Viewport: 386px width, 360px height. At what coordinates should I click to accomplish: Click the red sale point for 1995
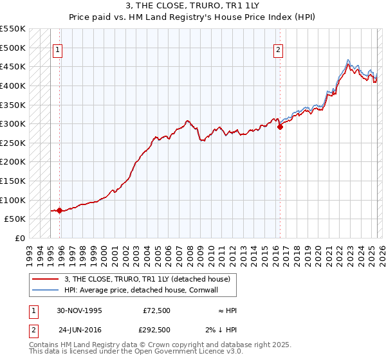tap(59, 210)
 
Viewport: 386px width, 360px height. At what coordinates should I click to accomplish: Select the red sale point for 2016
tap(280, 127)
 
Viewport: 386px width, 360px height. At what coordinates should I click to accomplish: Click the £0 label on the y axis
tap(19, 238)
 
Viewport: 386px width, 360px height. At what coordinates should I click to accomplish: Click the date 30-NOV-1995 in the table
tap(79, 310)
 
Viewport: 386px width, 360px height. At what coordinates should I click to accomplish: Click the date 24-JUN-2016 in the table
tap(79, 330)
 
